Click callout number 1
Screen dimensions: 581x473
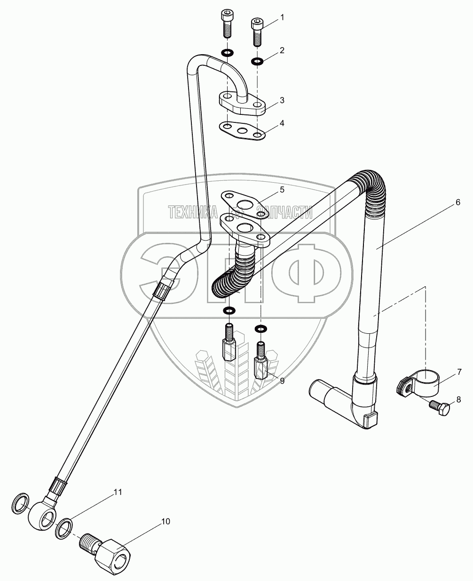click(282, 17)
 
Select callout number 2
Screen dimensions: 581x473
click(282, 50)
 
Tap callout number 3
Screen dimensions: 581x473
click(282, 100)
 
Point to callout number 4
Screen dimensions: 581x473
click(282, 123)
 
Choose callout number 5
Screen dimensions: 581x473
click(282, 189)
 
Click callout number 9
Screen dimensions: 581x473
click(282, 380)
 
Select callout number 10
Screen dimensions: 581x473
click(165, 522)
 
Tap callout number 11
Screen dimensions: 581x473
click(118, 492)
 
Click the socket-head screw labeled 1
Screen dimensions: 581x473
click(257, 32)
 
